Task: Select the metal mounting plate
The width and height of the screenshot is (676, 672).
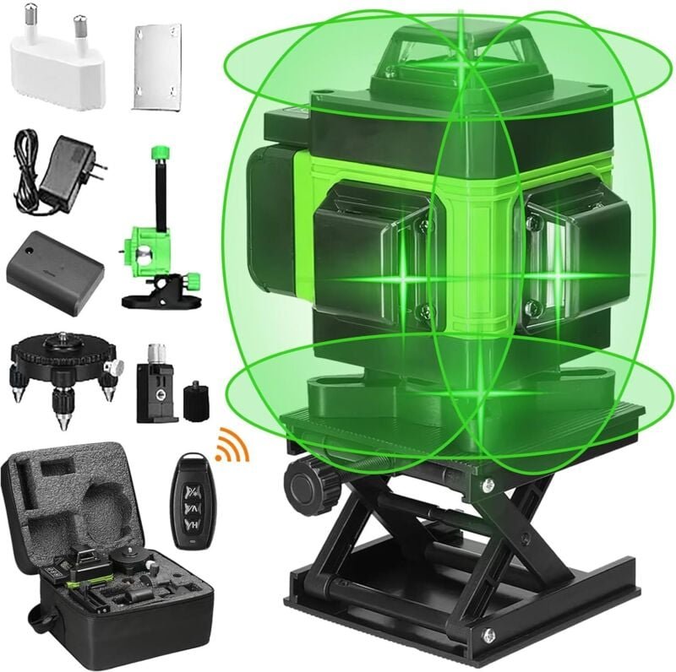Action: [x=158, y=65]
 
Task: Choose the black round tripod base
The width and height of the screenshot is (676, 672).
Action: [x=63, y=363]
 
